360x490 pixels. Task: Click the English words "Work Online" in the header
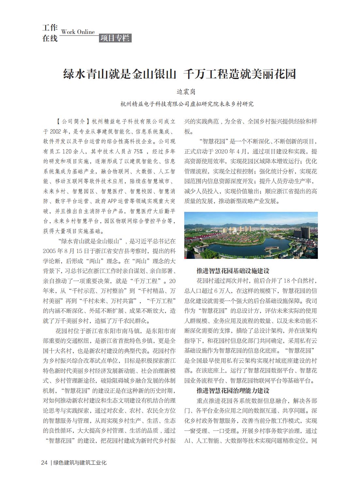(x=78, y=32)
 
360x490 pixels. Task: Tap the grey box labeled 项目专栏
(x=115, y=38)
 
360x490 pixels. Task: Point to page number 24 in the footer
(x=44, y=463)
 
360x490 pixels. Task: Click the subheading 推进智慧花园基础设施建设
(x=233, y=271)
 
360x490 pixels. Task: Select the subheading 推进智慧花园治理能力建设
(x=233, y=391)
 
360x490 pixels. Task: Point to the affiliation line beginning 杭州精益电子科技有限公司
(x=187, y=104)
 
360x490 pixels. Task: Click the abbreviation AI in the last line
(x=188, y=441)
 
